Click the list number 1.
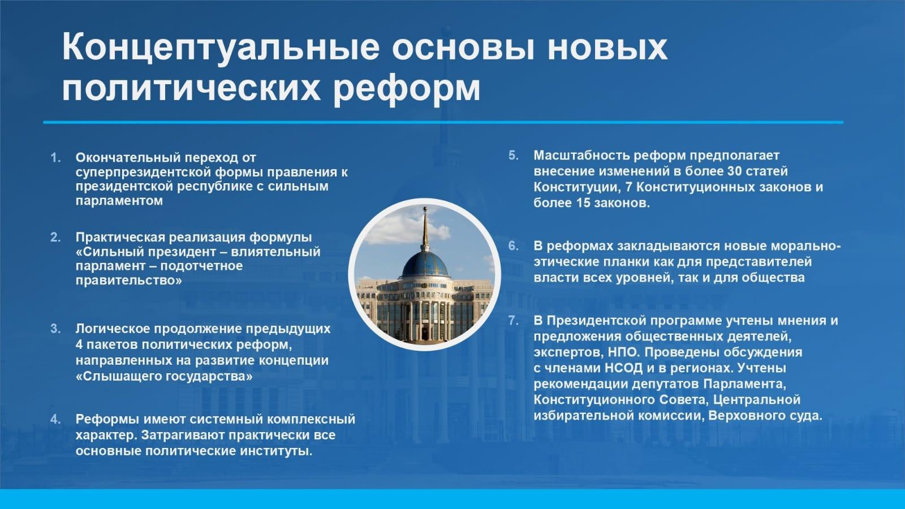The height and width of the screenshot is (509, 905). coord(55,158)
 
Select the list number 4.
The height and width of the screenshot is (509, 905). coord(55,419)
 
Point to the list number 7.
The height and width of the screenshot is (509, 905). coord(514,320)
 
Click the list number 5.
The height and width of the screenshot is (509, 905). coord(514,156)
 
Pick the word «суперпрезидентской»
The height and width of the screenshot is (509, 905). coord(143,172)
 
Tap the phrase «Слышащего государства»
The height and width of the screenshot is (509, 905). coord(164,377)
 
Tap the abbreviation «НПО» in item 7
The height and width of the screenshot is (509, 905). coord(622,352)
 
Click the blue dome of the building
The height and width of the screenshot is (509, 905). coord(425,264)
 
